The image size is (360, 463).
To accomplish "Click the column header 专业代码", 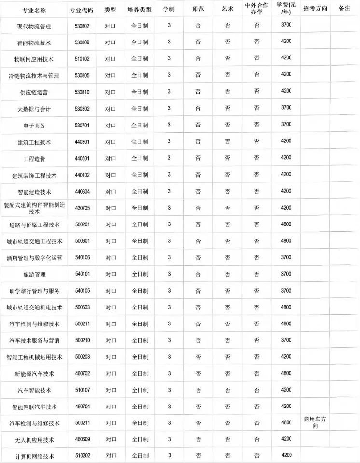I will tap(80, 10).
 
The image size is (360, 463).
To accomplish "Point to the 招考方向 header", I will tap(315, 10).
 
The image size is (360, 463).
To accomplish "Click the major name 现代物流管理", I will tap(34, 26).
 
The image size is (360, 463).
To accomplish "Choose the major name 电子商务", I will tap(34, 126).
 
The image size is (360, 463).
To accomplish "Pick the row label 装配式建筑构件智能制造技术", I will tap(34, 208).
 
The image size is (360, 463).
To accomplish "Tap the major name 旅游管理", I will tap(34, 274).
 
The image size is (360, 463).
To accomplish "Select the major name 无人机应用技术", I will tap(34, 440).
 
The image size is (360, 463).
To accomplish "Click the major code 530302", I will tap(79, 109).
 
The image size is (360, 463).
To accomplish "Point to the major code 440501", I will tap(79, 158).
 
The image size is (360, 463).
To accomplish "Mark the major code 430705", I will tap(79, 208).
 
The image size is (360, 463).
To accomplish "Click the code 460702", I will tap(79, 373).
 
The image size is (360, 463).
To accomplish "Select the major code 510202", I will tap(79, 456).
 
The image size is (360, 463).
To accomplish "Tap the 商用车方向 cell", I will tap(315, 422).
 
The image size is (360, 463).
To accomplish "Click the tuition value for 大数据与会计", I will tap(286, 108).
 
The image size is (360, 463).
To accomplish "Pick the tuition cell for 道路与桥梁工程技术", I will tap(286, 224).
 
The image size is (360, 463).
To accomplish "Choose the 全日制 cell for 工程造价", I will tap(139, 158).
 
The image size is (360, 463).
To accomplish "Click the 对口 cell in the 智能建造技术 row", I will tap(111, 192).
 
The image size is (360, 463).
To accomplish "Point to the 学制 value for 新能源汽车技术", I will tap(169, 373).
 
